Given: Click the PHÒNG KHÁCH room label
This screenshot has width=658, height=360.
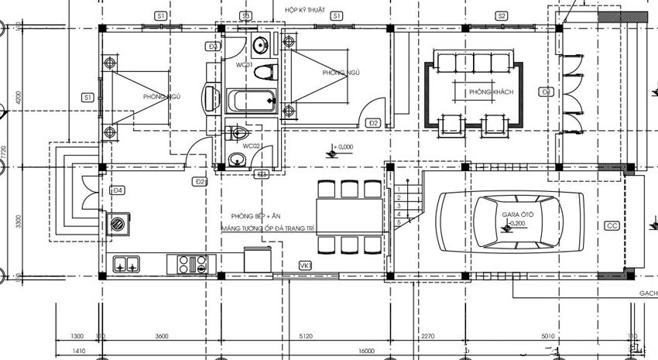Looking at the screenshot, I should point(490,92).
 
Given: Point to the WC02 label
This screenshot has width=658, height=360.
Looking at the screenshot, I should point(252,146).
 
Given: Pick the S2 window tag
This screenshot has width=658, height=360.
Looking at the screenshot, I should point(502,15).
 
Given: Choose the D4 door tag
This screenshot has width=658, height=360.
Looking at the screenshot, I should point(118,190).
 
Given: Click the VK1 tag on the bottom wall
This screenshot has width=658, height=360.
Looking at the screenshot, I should point(305,266).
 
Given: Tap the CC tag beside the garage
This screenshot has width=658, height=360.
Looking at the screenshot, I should point(612,225).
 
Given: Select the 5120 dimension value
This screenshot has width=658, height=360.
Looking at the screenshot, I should point(303,336).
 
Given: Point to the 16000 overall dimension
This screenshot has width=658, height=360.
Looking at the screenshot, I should point(366,351).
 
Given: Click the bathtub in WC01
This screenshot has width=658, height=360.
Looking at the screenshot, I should point(249,100).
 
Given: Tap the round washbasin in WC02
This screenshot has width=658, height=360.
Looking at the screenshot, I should point(238,160).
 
